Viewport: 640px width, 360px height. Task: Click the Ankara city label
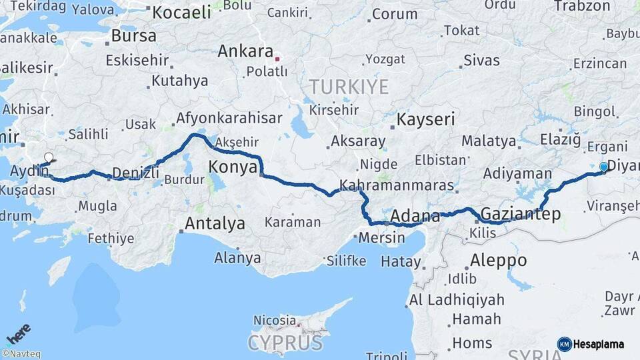pos(245,51)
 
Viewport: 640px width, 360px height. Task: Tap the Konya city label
pos(233,167)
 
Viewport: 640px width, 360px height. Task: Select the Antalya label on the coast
pos(215,223)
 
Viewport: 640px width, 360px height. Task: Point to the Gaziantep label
pos(520,214)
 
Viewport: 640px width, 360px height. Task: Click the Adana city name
pos(415,217)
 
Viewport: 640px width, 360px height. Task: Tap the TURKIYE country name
pos(348,87)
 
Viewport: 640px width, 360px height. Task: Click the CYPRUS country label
pos(285,343)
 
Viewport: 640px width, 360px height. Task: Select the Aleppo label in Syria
pos(498,260)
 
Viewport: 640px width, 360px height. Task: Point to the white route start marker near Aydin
pos(48,158)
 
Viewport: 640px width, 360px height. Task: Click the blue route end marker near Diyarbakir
pos(604,167)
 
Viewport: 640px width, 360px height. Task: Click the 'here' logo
pos(19,333)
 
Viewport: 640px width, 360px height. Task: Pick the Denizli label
pos(136,173)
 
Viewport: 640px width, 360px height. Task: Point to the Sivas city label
pos(481,61)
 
